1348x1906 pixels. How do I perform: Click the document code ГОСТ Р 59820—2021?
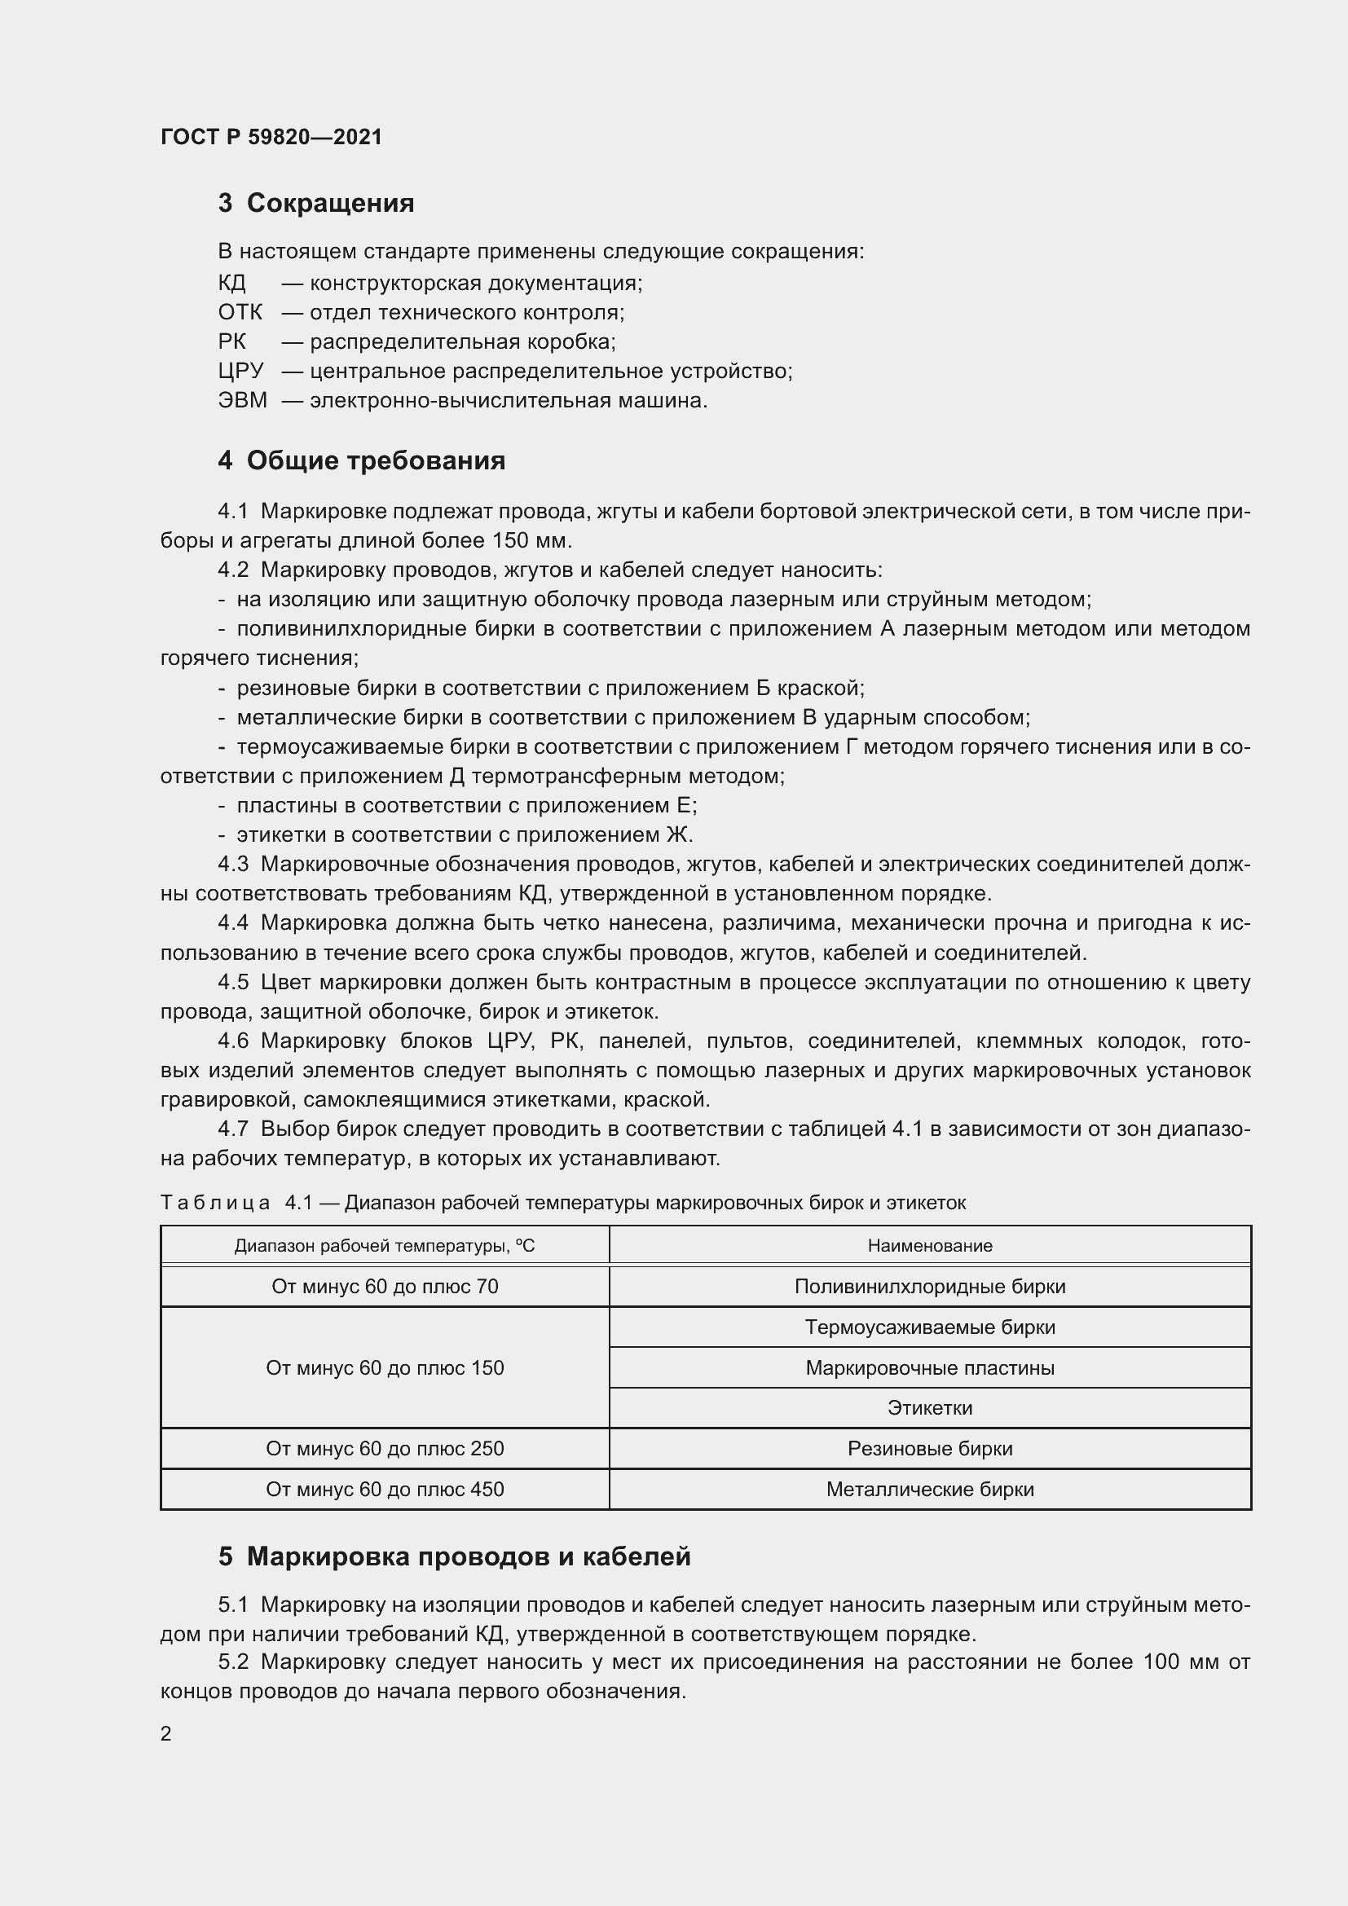click(271, 137)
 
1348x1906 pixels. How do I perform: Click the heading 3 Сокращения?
click(315, 204)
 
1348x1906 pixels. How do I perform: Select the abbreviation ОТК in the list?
click(240, 313)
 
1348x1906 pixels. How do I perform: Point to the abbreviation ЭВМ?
click(242, 401)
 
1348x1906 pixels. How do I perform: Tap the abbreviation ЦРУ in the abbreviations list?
click(240, 371)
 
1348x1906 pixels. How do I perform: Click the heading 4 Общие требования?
click(361, 460)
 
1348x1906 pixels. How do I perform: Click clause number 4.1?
click(232, 512)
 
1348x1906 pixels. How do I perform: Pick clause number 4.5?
click(232, 983)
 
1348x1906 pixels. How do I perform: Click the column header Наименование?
click(930, 1245)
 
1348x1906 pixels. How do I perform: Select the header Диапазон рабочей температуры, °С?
click(385, 1245)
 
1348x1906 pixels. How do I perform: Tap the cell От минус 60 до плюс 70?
click(385, 1286)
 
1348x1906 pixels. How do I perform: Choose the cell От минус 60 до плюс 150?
click(385, 1367)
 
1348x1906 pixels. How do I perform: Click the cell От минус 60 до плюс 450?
click(385, 1490)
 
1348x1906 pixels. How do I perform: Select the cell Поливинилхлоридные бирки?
click(930, 1286)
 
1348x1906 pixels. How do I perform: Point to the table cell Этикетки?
click(930, 1408)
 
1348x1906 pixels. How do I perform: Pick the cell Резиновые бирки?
click(930, 1449)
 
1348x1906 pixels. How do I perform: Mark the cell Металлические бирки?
click(930, 1490)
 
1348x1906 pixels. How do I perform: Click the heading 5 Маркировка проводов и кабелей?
click(454, 1556)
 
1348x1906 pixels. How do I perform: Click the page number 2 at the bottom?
click(166, 1734)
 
